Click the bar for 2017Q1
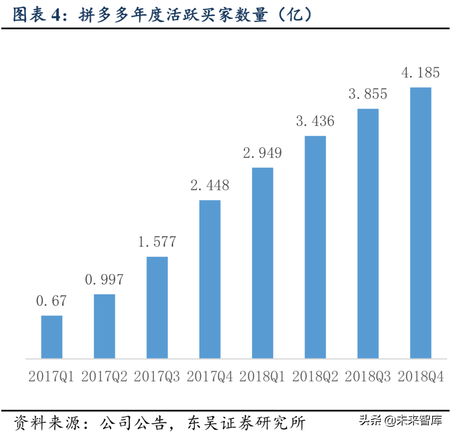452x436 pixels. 52,337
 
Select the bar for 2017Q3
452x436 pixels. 157,308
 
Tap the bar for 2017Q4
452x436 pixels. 210,279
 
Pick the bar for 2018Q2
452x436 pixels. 315,247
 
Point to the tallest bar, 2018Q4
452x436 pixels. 421,223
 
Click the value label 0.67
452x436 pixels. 51,301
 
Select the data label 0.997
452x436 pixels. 104,280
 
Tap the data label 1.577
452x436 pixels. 157,242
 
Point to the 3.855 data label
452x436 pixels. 368,94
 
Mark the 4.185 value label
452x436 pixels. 421,73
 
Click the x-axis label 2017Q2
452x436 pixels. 104,377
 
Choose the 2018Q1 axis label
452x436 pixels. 262,377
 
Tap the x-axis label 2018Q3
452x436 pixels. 368,377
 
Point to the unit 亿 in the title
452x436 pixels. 295,15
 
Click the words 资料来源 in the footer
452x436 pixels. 47,423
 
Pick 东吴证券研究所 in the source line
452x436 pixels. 246,423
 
